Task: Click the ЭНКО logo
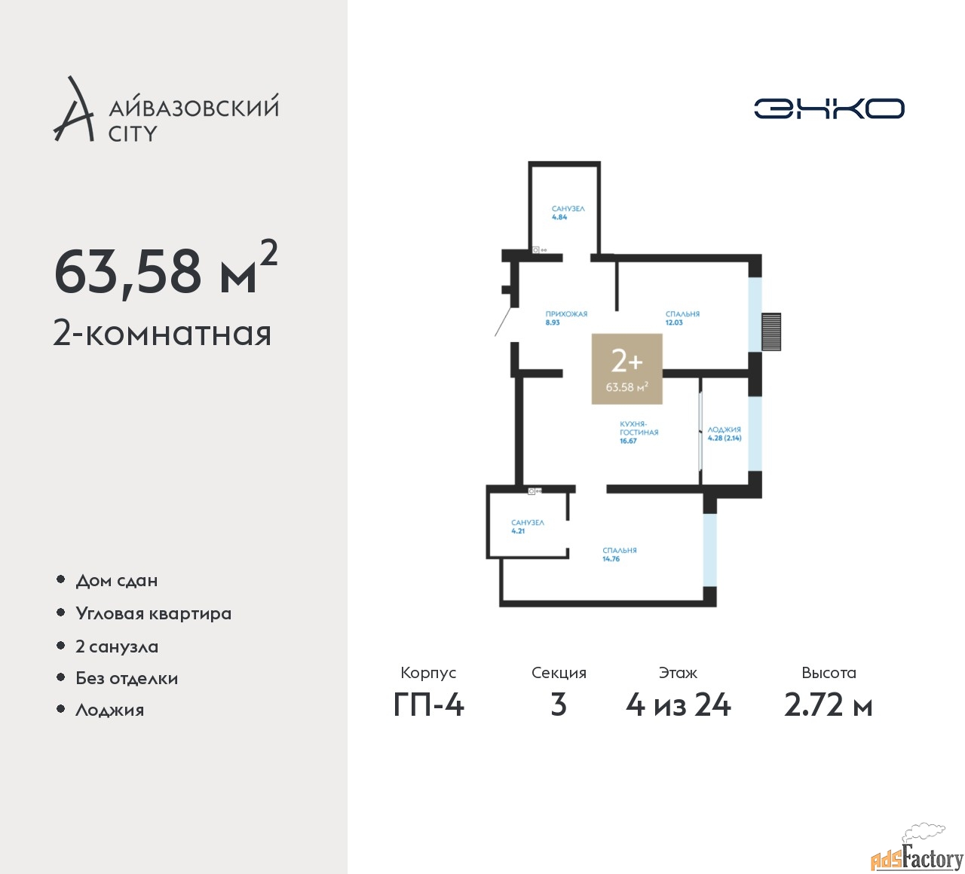pyautogui.click(x=829, y=108)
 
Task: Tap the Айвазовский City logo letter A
pyautogui.click(x=72, y=109)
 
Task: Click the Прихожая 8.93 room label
pyautogui.click(x=566, y=318)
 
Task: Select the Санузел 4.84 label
pyautogui.click(x=568, y=213)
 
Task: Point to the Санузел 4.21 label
pyautogui.click(x=528, y=527)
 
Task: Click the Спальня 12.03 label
pyautogui.click(x=682, y=318)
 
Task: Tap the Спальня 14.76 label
pyautogui.click(x=620, y=555)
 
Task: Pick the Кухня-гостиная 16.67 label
pyautogui.click(x=639, y=432)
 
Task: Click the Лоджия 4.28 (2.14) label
pyautogui.click(x=724, y=434)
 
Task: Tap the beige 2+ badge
pyautogui.click(x=626, y=368)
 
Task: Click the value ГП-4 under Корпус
pyautogui.click(x=429, y=706)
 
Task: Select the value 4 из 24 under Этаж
pyautogui.click(x=679, y=706)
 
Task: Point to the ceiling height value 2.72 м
pyautogui.click(x=829, y=706)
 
